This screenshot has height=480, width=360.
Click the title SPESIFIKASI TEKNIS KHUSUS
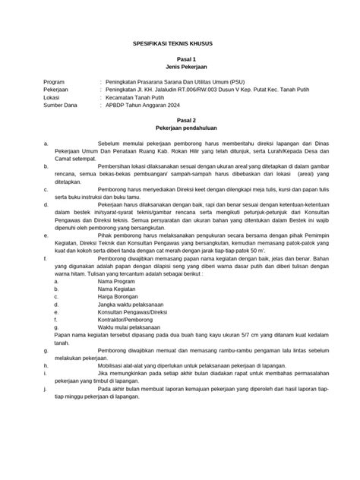pyautogui.click(x=179, y=44)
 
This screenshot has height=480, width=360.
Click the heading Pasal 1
pyautogui.click(x=180, y=59)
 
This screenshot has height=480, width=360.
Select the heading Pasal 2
pyautogui.click(x=180, y=120)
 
